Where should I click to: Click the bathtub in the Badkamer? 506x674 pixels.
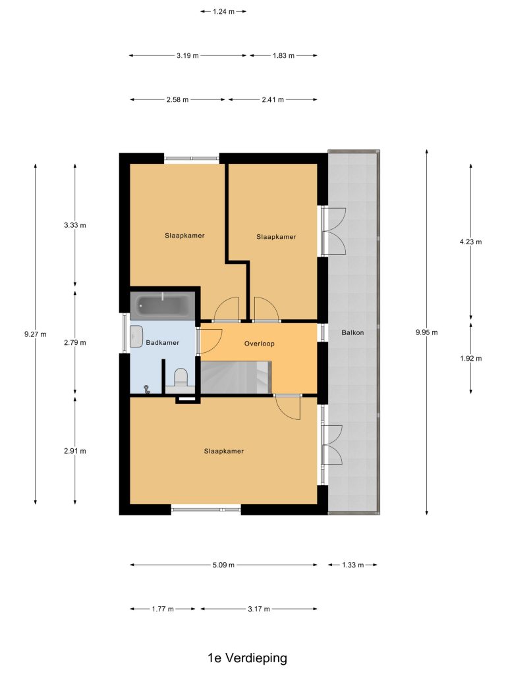tap(163, 305)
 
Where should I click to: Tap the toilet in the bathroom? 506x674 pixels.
tap(181, 378)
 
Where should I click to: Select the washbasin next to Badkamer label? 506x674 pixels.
tap(136, 336)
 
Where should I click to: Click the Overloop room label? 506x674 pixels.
tap(259, 344)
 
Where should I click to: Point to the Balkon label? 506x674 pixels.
tap(352, 332)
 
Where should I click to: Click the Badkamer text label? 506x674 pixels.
tap(162, 342)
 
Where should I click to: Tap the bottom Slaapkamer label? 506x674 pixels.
tap(224, 451)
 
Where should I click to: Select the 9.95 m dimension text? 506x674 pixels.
tap(427, 332)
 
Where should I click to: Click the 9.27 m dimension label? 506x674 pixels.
tap(36, 334)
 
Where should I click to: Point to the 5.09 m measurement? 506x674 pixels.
tap(223, 565)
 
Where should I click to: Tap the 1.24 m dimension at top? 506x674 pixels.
tap(223, 12)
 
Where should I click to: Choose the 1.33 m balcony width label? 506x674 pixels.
tap(353, 565)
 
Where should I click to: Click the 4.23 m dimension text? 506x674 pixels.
tap(470, 242)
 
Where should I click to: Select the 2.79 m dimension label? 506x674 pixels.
tap(75, 342)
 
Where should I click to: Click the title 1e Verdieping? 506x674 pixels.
tap(248, 658)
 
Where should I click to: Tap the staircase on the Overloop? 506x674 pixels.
tap(236, 377)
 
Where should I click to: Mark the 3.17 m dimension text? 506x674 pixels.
tap(259, 609)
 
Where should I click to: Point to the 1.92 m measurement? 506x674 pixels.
tap(470, 358)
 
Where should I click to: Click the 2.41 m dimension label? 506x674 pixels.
tap(273, 100)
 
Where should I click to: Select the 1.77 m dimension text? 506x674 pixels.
tap(163, 609)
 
